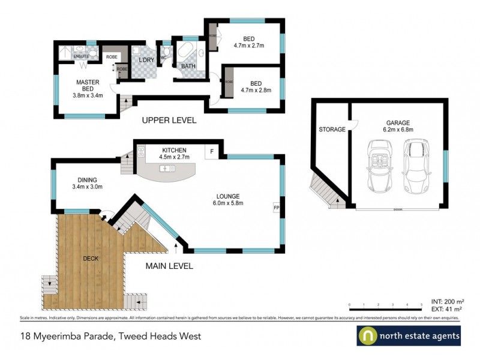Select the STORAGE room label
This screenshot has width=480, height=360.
coord(332,129)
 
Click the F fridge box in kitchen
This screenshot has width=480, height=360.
coord(212,151)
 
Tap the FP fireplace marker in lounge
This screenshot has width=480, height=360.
coord(277,208)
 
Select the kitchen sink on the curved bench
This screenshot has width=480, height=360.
coord(166,169)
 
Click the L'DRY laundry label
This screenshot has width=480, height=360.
coord(146,61)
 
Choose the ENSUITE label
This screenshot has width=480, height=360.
coord(81,56)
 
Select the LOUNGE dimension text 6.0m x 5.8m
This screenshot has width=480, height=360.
coord(228,203)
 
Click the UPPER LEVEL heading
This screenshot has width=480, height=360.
coord(169,120)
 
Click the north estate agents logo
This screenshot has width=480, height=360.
coord(409,336)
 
